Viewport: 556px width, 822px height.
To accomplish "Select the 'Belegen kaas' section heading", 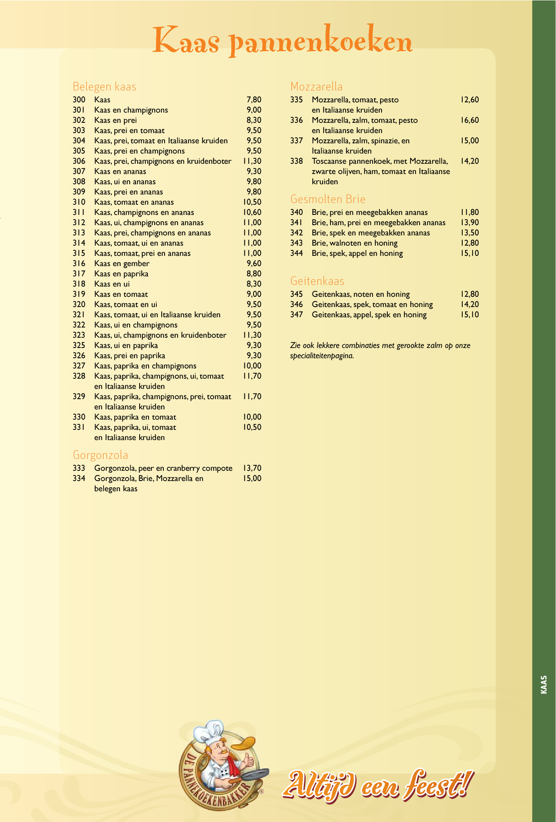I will pos(104,86).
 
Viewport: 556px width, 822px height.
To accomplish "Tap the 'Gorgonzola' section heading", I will pos(100,455).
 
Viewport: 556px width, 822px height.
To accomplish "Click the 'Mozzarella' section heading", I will pos(316,86).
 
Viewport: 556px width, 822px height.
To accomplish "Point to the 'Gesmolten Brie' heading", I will pos(328,199).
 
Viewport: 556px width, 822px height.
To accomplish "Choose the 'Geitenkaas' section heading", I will pos(317,281).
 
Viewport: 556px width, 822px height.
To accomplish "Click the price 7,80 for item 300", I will pos(254,99).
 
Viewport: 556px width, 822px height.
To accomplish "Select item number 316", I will pos(79,263).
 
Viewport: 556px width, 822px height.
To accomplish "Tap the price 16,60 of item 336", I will pos(469,120).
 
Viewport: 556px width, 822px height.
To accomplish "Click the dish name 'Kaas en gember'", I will pos(122,263).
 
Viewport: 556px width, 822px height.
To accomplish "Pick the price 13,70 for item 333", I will pos(252,468).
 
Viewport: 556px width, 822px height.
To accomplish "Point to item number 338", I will pos(296,161).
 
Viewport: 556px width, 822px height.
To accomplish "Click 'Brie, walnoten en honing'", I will pos(355,243).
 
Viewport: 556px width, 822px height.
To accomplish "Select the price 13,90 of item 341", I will pos(469,222).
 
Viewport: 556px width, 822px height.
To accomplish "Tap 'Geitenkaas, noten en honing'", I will pos(361,294).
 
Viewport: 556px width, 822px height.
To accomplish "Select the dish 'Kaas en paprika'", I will pos(121,273).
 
